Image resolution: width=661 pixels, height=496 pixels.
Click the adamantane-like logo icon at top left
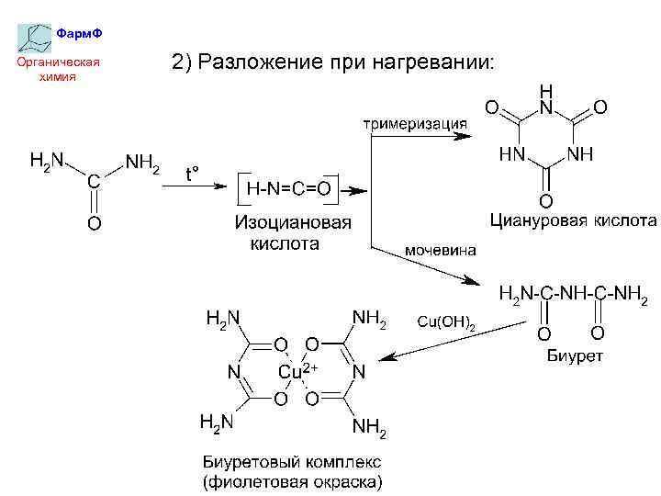tap(34, 37)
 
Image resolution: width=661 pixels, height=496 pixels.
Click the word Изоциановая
tap(293, 223)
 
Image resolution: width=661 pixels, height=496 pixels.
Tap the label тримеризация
tap(414, 123)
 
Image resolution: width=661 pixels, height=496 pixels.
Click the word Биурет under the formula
tap(575, 356)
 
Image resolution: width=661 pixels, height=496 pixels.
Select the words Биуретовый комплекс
tap(291, 461)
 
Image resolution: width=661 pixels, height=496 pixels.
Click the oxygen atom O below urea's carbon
tap(94, 223)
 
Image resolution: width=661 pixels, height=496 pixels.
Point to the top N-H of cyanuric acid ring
tap(546, 101)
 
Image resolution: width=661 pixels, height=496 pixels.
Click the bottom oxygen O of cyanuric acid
tap(545, 200)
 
